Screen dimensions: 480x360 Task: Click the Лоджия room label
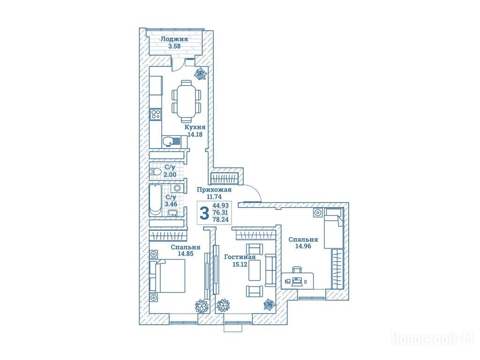tap(174, 39)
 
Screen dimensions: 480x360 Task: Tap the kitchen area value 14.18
tap(195, 134)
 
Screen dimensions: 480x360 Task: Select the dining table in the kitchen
tap(186, 101)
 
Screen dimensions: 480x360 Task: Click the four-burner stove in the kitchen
tap(156, 114)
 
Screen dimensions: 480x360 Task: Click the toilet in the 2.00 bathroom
tap(155, 172)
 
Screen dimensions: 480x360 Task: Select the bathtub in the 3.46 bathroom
tap(155, 200)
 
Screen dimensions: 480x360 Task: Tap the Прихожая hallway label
tap(214, 190)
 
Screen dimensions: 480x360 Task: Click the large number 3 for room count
tap(204, 213)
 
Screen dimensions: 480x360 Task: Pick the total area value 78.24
tap(220, 219)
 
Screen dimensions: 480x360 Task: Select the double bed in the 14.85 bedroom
tap(167, 276)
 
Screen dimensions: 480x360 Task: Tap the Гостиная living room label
tap(240, 257)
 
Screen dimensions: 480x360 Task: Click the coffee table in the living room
tap(255, 270)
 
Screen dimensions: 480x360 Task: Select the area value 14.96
tap(303, 246)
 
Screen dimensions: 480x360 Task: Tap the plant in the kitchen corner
tap(201, 74)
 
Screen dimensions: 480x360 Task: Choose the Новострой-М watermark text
tap(433, 339)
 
